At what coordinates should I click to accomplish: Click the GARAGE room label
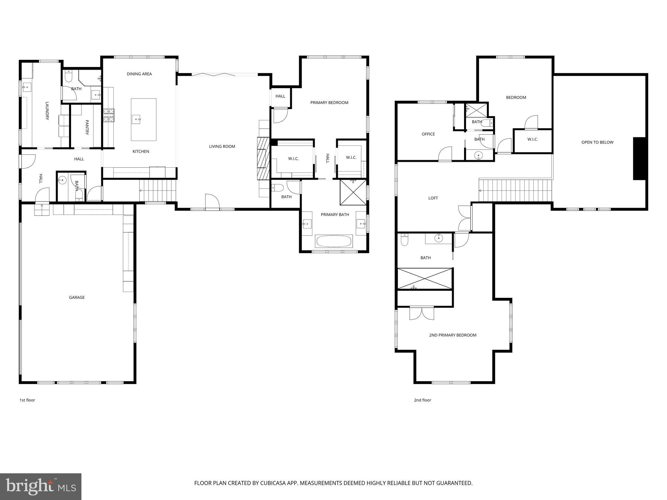(x=77, y=297)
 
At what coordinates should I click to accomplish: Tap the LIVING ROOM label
(x=222, y=146)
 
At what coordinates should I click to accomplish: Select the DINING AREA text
(x=139, y=74)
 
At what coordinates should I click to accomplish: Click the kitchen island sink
(x=136, y=119)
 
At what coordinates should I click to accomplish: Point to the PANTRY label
(x=87, y=127)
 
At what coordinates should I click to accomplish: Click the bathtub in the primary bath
(x=334, y=242)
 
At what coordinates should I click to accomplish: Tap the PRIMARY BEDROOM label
(x=329, y=103)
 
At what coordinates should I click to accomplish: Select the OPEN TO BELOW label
(x=597, y=142)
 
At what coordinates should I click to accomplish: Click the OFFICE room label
(x=428, y=134)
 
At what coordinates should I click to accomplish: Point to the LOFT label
(x=433, y=198)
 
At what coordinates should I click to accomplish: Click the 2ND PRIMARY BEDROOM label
(x=452, y=335)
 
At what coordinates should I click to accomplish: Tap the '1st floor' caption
(x=27, y=400)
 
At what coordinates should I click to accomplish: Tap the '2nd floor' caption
(x=422, y=400)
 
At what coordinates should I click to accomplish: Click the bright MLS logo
(x=41, y=487)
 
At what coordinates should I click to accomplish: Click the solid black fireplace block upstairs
(x=639, y=159)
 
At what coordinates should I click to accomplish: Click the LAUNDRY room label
(x=47, y=111)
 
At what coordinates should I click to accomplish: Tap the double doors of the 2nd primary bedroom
(x=422, y=313)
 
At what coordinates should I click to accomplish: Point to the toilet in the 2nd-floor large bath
(x=404, y=240)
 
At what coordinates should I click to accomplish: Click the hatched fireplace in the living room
(x=263, y=159)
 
